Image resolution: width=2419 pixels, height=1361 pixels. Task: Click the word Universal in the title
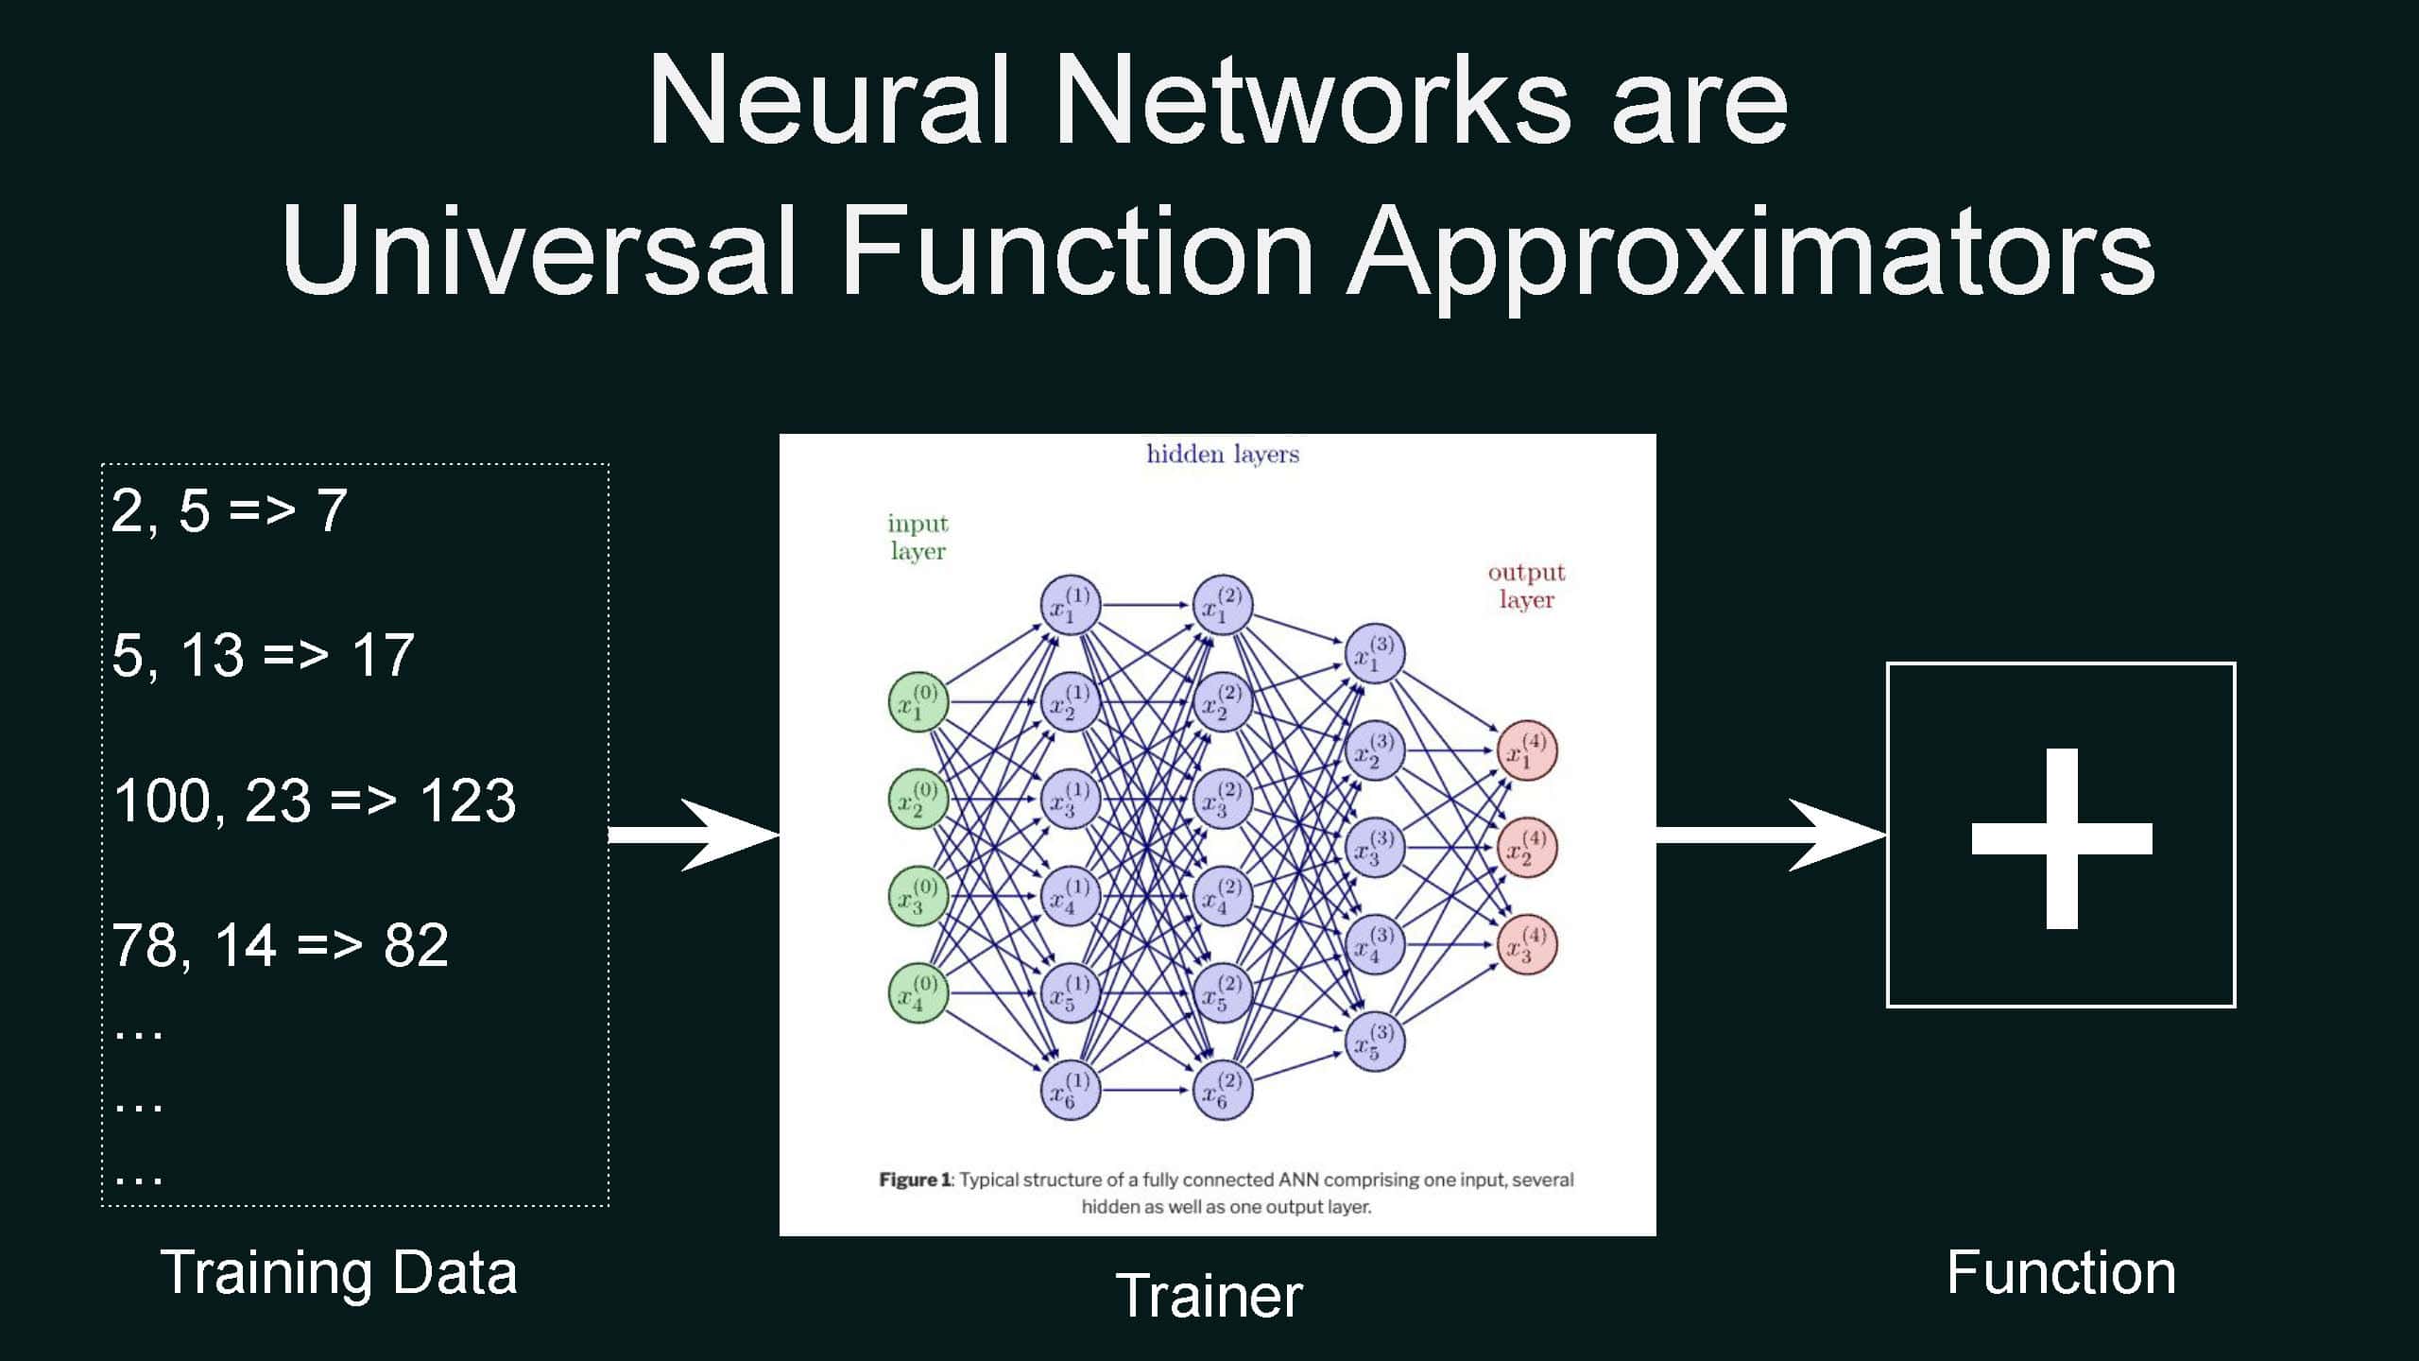tap(539, 250)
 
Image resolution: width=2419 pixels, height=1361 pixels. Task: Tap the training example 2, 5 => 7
tap(230, 511)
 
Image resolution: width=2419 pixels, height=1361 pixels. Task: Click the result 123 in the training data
tap(468, 801)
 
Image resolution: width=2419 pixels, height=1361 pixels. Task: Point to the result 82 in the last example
tap(416, 945)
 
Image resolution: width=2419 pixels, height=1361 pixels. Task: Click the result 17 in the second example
tap(383, 655)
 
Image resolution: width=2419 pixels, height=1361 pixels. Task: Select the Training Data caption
tap(339, 1272)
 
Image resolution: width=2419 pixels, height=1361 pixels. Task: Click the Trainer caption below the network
tap(1209, 1296)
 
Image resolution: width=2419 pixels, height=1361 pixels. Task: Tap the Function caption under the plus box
tap(2061, 1272)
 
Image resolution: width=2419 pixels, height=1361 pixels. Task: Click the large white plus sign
tap(2062, 838)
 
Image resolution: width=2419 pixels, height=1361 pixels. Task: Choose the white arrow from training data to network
tap(695, 835)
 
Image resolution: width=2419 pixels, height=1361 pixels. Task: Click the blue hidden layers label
tap(1223, 455)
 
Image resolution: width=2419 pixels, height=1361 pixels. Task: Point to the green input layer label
tap(918, 537)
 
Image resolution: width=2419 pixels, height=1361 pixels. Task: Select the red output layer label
tap(1526, 586)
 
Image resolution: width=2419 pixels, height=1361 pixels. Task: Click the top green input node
tap(918, 702)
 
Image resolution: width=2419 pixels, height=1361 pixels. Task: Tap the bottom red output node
tap(1527, 944)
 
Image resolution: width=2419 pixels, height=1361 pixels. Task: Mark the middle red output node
tap(1527, 847)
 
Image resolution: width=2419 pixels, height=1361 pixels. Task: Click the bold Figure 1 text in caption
tap(915, 1180)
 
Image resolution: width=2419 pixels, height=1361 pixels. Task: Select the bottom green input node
tap(918, 992)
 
